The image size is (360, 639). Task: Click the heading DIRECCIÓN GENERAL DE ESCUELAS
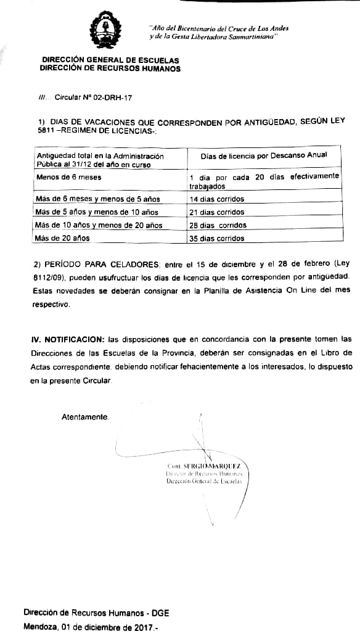pos(110,60)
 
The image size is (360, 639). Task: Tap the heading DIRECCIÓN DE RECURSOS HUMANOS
pos(110,68)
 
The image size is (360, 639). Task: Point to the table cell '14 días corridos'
pos(218,199)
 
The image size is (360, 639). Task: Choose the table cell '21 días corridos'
pos(218,212)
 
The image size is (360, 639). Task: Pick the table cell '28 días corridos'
pos(218,225)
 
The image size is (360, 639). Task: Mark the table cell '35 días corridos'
pos(218,238)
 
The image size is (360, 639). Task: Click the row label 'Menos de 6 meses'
pos(68,177)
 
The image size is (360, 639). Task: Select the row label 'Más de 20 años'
pos(63,238)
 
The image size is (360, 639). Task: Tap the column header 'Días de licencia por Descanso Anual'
pos(264,155)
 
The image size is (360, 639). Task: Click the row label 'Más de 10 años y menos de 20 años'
pos(99,225)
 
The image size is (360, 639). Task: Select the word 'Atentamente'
pos(84,417)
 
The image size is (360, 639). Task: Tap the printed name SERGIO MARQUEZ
pos(212,466)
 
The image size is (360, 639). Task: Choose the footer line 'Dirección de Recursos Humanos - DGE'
pos(96,613)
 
